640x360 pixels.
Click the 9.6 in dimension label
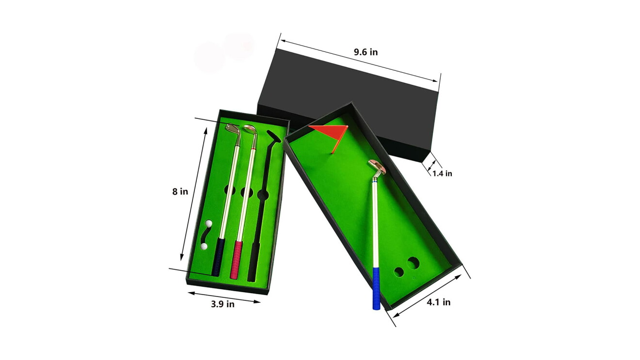pyautogui.click(x=366, y=52)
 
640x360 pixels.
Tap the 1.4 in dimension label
pyautogui.click(x=442, y=173)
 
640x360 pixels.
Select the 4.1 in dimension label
pyautogui.click(x=439, y=302)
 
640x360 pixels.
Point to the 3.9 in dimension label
pyautogui.click(x=223, y=304)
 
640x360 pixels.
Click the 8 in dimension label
pyautogui.click(x=180, y=191)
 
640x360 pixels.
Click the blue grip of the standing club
pyautogui.click(x=376, y=288)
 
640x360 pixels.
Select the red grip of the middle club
pyautogui.click(x=236, y=260)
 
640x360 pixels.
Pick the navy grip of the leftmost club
pyautogui.click(x=218, y=257)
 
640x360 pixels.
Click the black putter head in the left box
pyautogui.click(x=274, y=137)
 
